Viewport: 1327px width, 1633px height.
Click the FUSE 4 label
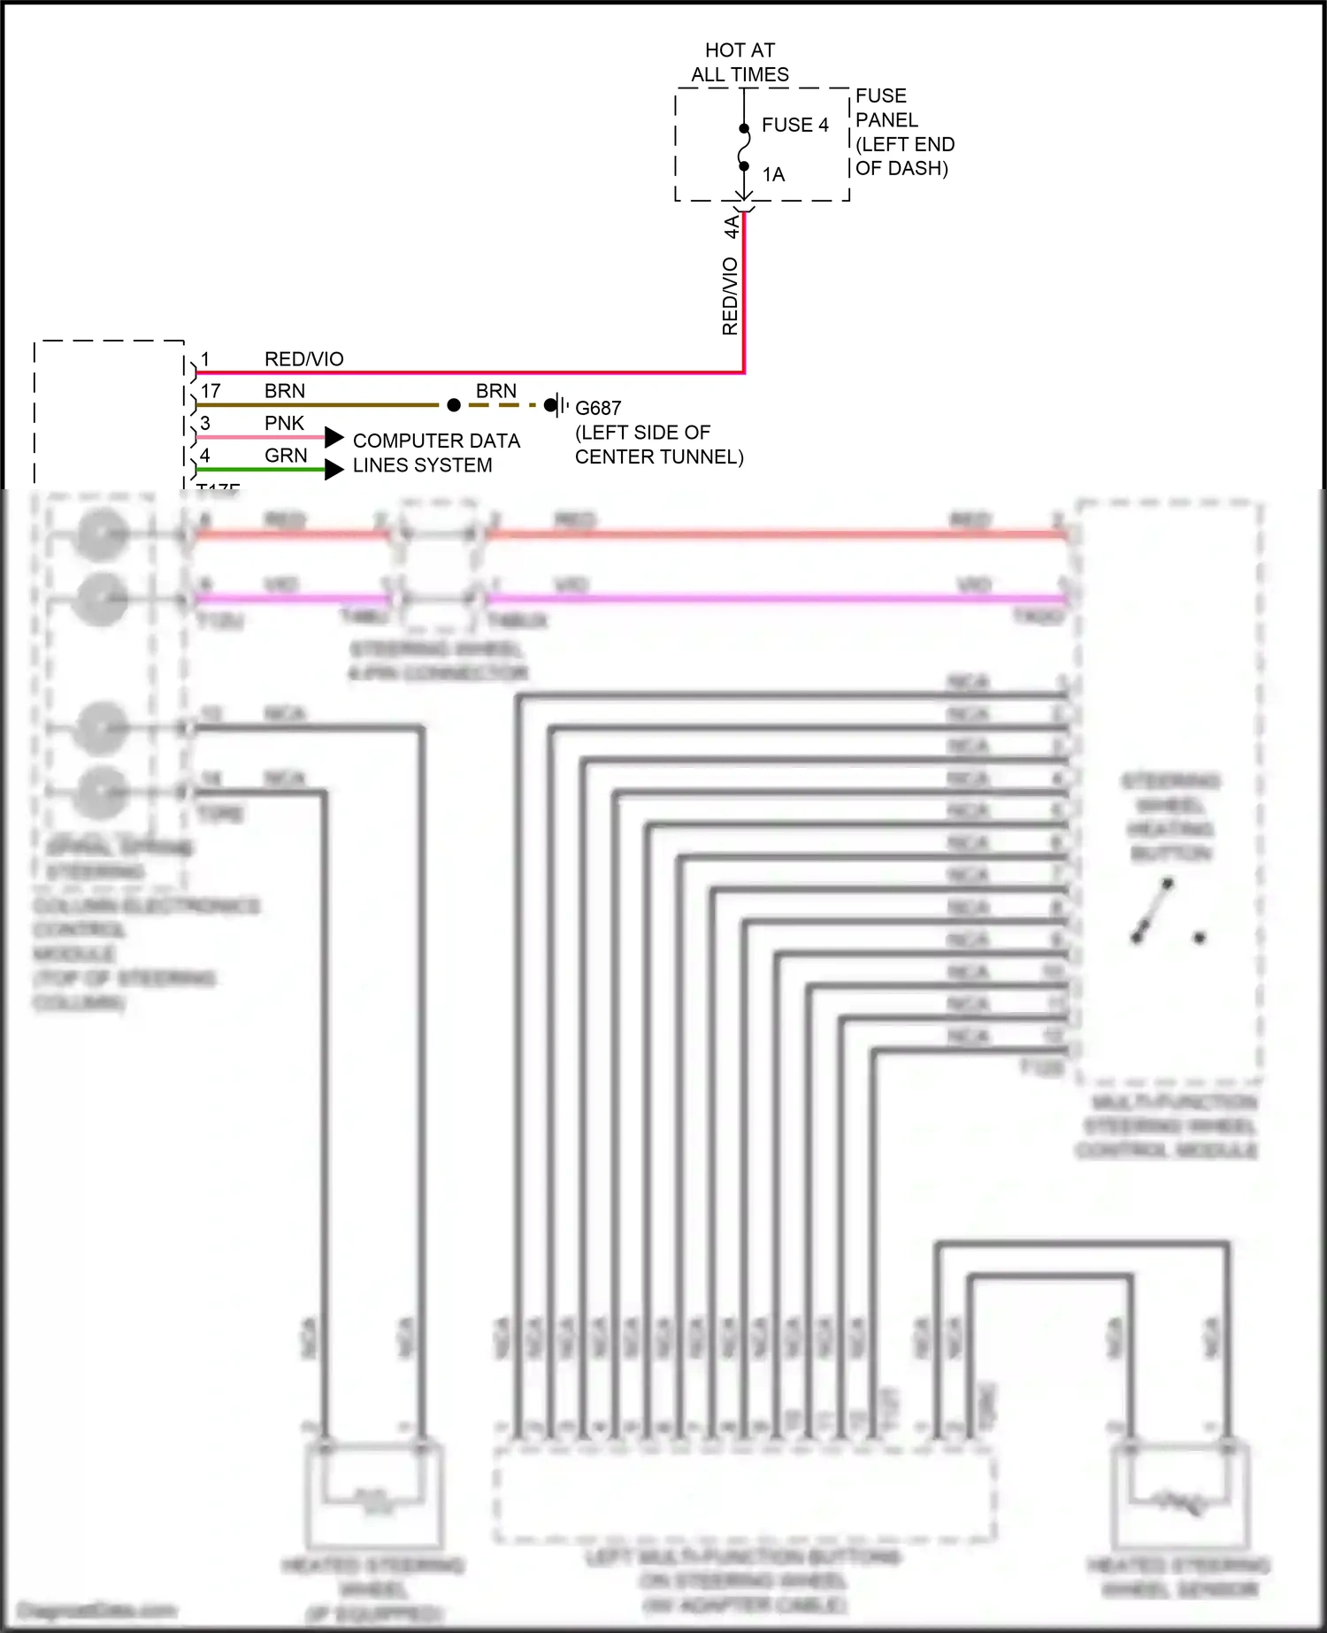tap(794, 125)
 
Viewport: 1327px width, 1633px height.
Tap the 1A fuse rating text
tap(773, 174)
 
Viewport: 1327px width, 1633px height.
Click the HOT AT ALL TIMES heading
tap(740, 62)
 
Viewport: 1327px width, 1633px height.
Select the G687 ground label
tap(598, 408)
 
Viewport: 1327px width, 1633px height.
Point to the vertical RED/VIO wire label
tap(730, 295)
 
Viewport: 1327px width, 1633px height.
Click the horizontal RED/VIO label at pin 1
tap(303, 358)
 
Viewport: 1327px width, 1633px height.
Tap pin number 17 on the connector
tap(211, 391)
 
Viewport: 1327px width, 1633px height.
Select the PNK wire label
tap(284, 423)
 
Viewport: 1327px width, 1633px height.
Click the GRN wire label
tap(286, 456)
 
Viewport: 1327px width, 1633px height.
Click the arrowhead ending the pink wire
tap(334, 437)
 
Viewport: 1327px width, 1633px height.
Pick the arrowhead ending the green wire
tap(334, 469)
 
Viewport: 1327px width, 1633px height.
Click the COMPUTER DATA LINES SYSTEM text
tap(435, 452)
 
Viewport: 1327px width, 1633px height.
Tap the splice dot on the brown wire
tap(454, 405)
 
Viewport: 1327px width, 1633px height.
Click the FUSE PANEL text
tap(886, 107)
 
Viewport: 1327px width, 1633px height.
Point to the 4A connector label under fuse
tap(732, 226)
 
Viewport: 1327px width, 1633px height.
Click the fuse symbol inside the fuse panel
tap(744, 147)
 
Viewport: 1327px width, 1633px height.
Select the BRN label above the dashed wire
tap(495, 390)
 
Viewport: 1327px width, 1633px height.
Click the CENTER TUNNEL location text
tap(658, 456)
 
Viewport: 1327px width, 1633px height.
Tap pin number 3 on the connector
tap(205, 423)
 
